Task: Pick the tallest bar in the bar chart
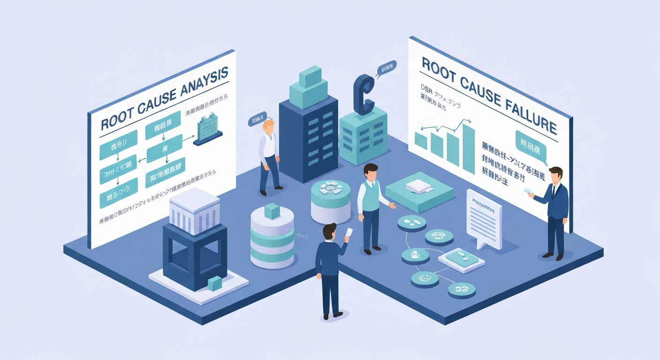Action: pyautogui.click(x=468, y=148)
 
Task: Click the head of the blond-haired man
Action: pyautogui.click(x=269, y=126)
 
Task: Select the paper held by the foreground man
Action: pyautogui.click(x=348, y=233)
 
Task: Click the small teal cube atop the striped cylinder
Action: pyautogui.click(x=271, y=211)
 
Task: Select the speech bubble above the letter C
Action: pyautogui.click(x=386, y=69)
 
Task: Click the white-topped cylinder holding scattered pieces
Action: pyautogui.click(x=330, y=199)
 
